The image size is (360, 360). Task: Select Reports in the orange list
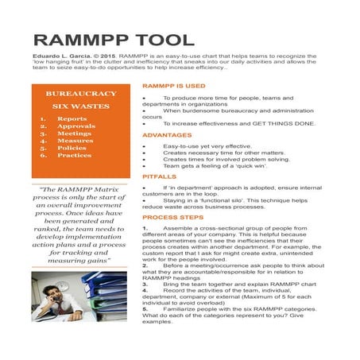point(72,119)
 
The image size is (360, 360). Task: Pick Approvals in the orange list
point(75,127)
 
